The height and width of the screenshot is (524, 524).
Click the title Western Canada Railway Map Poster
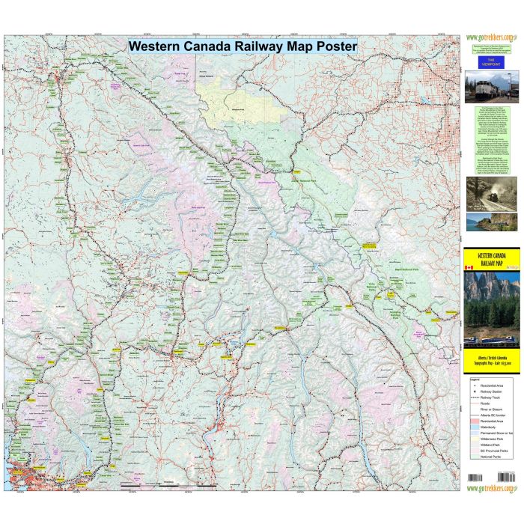pos(243,45)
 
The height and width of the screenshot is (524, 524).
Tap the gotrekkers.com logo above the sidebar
pos(490,37)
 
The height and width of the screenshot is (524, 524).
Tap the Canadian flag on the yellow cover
pos(470,267)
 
